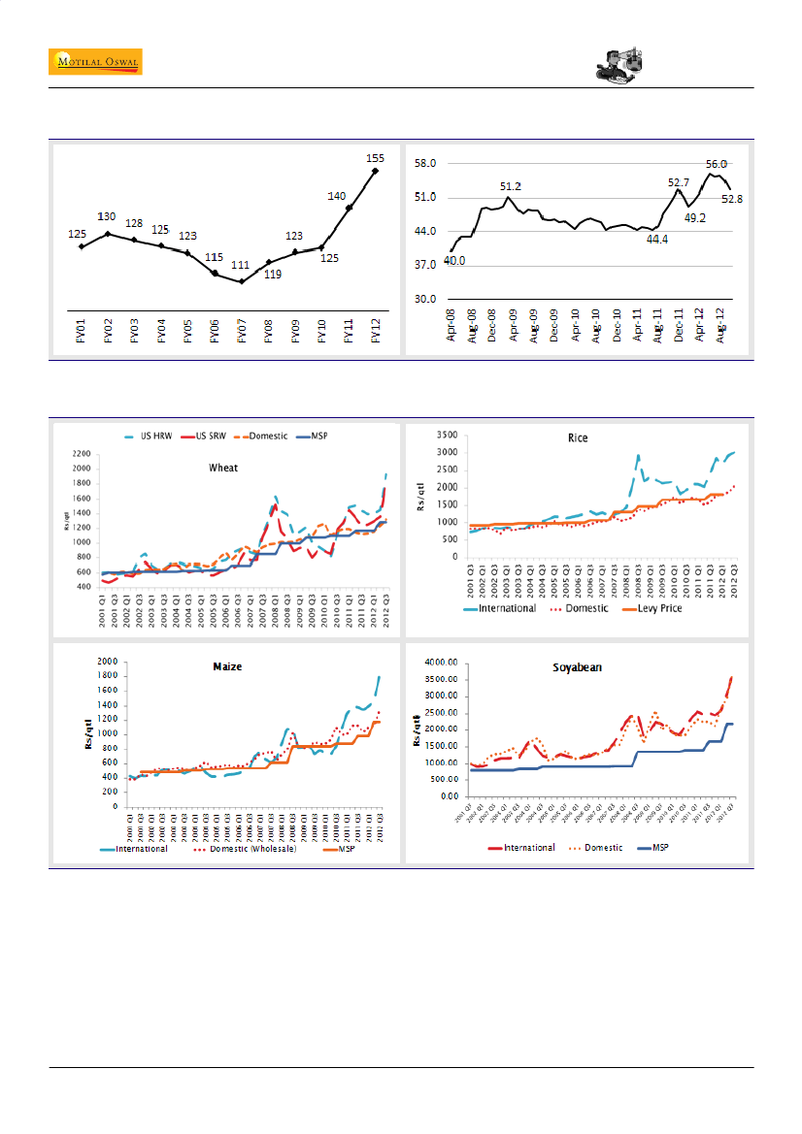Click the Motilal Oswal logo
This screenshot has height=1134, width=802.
(x=95, y=62)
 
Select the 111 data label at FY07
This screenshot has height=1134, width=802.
(x=242, y=265)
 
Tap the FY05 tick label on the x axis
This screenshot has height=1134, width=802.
(x=187, y=332)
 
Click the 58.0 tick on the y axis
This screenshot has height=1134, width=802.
(x=425, y=164)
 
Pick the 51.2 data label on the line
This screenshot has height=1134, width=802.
(x=512, y=185)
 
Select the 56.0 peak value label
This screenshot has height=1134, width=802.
(x=717, y=165)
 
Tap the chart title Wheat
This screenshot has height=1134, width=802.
(x=224, y=467)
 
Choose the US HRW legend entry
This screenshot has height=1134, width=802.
(x=159, y=436)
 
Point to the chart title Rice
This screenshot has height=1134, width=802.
(x=579, y=437)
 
